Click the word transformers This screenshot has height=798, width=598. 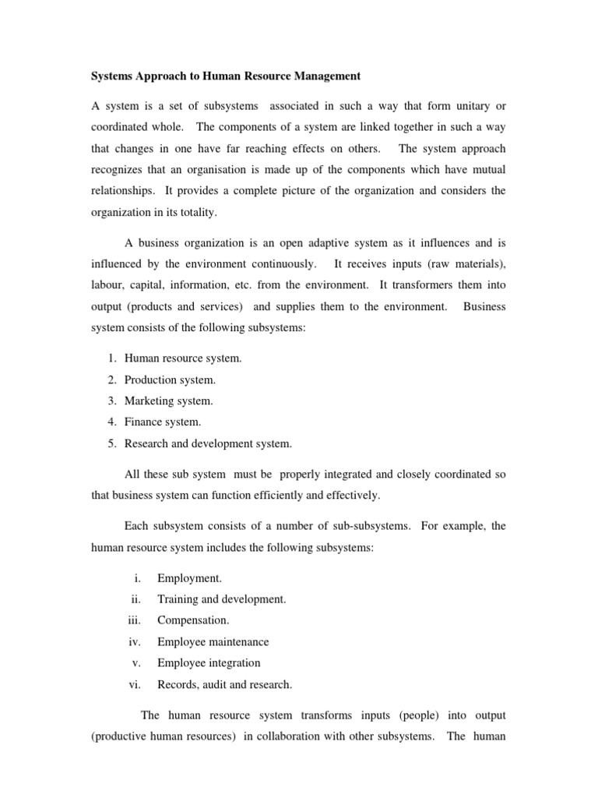tap(448, 285)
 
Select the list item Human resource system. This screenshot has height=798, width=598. tap(184, 358)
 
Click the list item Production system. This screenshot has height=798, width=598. tap(171, 380)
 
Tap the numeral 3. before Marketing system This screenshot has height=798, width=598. tap(112, 401)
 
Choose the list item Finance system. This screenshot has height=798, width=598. tap(163, 422)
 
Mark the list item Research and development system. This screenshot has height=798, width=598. tap(208, 444)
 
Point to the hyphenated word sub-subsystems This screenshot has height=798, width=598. tap(366, 526)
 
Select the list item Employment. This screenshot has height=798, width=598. tap(189, 577)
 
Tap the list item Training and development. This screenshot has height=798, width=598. tap(221, 599)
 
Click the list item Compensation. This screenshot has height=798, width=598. tap(193, 620)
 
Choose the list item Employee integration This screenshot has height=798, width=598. tap(208, 663)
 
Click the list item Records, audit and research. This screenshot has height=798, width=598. tap(224, 685)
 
